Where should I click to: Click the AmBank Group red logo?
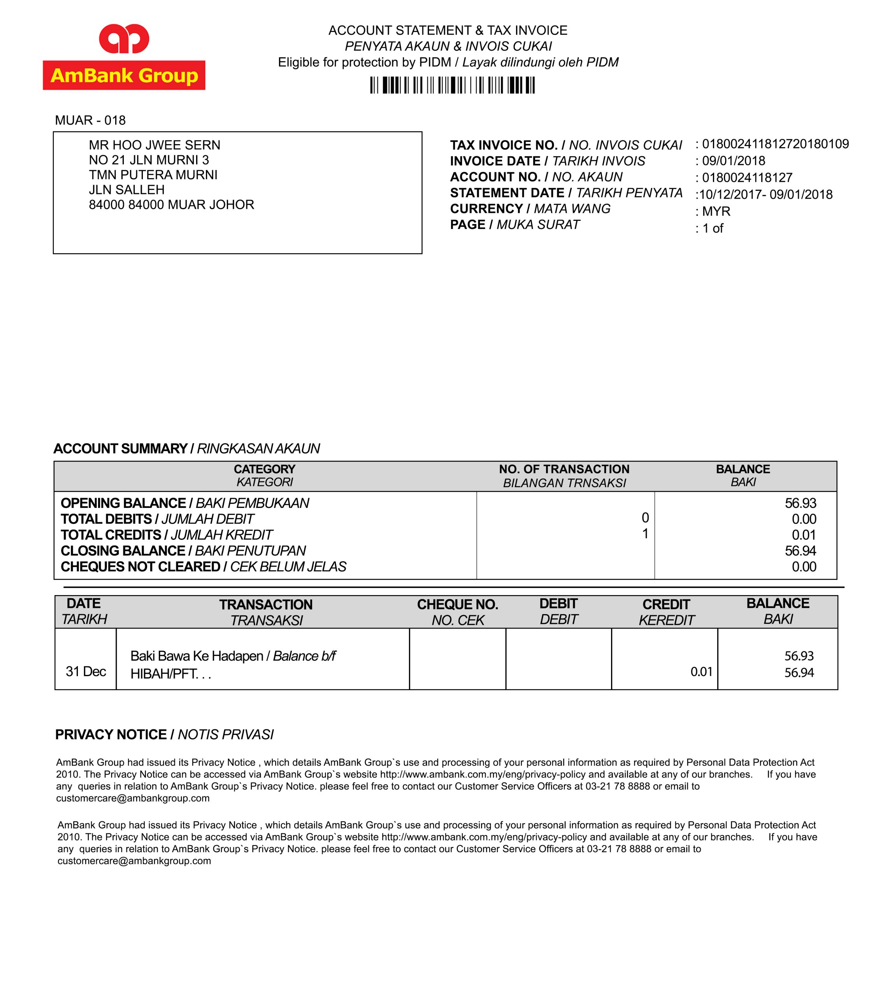tap(124, 57)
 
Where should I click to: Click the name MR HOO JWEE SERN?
tap(155, 145)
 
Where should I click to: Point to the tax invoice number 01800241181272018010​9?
tap(775, 144)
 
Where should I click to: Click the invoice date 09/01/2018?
tap(734, 161)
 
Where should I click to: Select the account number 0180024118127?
tap(747, 178)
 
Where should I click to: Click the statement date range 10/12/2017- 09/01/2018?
tap(766, 195)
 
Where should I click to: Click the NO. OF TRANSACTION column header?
tap(564, 469)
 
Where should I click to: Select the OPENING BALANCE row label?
tap(123, 503)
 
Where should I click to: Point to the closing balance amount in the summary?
tap(800, 551)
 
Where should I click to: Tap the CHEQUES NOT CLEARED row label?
tap(140, 567)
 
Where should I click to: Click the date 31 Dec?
tap(86, 672)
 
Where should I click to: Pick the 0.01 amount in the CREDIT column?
tap(701, 672)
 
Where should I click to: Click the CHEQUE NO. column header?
tap(457, 604)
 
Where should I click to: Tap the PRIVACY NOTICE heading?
tap(111, 735)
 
